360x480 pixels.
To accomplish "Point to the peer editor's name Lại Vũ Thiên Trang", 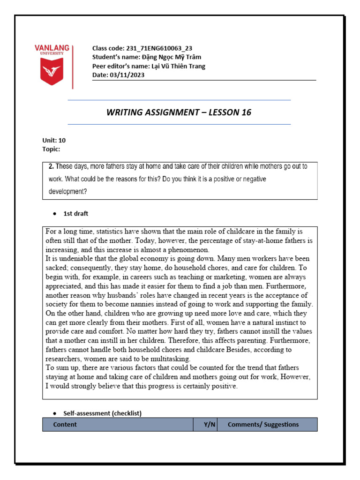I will point(178,66).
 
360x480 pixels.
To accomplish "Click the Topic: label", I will point(51,149).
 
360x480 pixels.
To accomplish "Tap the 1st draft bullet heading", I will point(75,214).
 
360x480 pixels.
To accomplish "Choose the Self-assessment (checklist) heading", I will point(102,413).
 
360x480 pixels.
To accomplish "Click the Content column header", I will point(65,425).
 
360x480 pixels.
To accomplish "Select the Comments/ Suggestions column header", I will point(263,425).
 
